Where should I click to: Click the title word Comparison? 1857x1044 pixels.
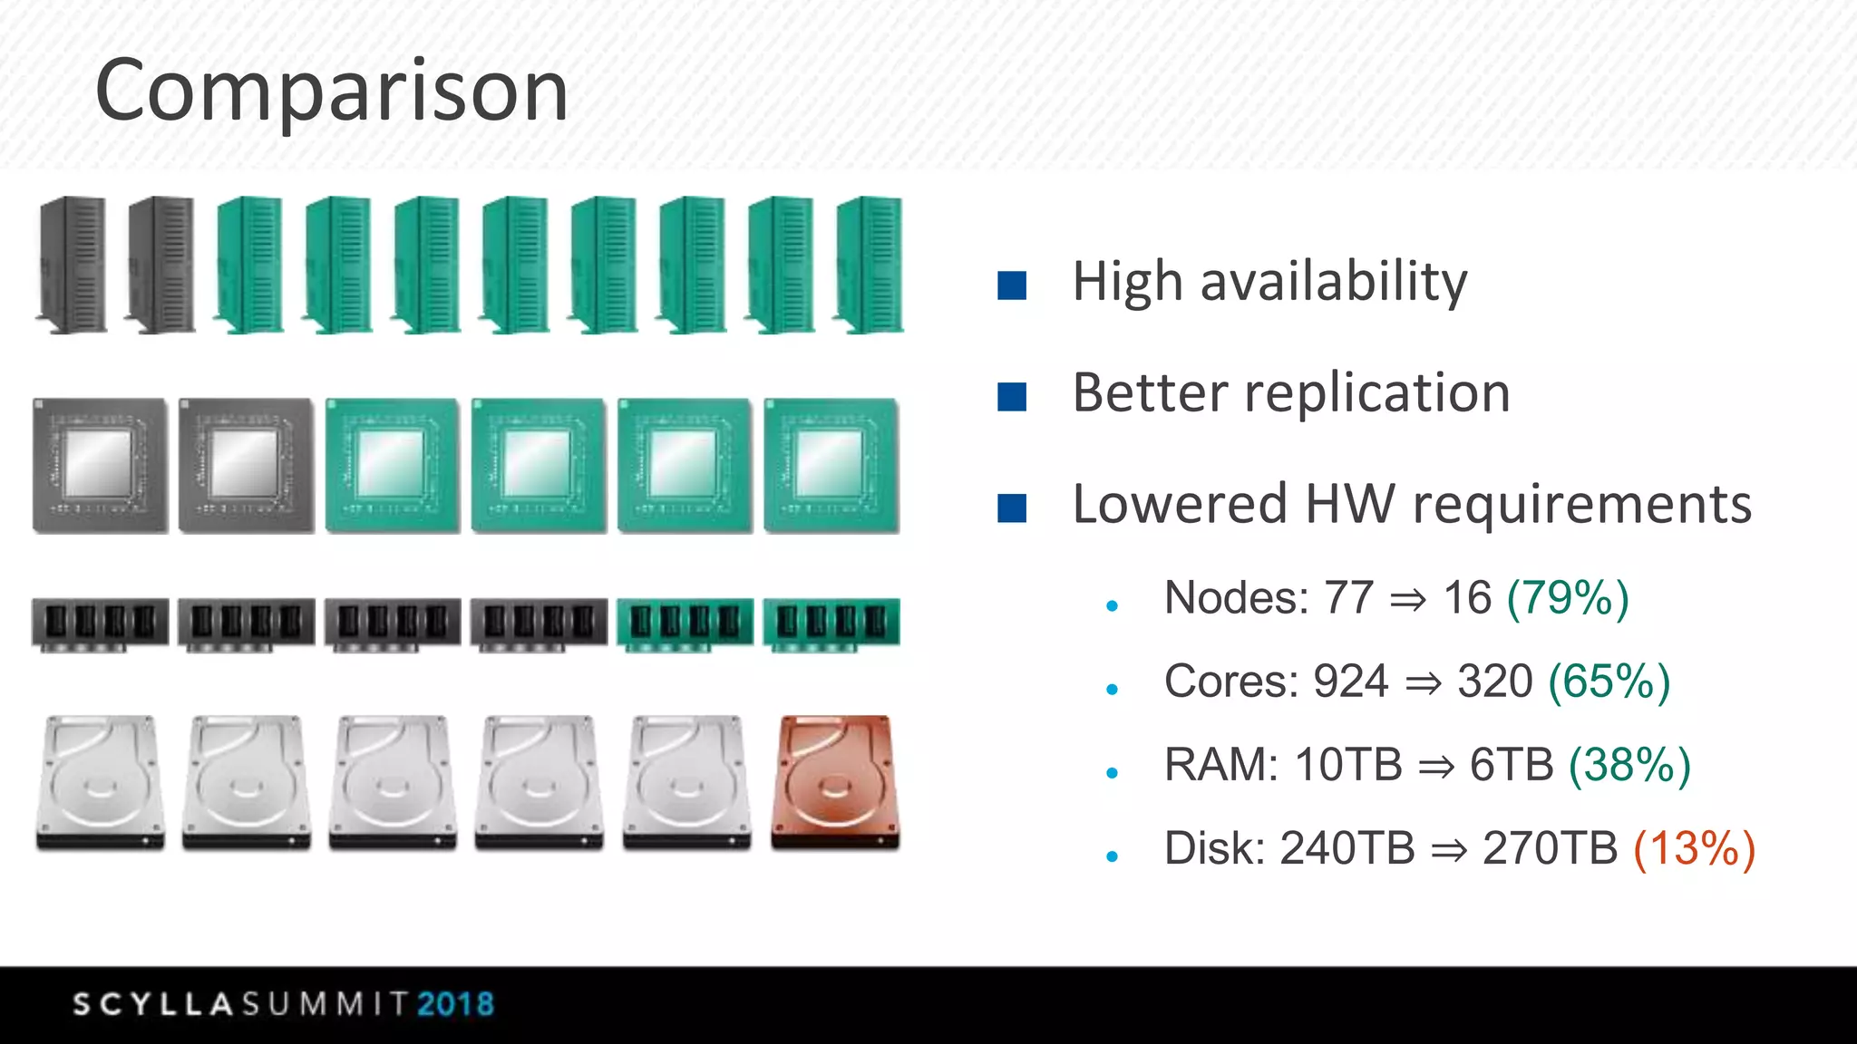click(332, 91)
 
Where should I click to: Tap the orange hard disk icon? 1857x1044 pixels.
click(835, 782)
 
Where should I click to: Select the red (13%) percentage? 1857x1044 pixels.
click(1694, 848)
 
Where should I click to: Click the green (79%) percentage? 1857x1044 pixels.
click(1568, 598)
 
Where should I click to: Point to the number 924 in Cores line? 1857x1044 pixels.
click(1351, 681)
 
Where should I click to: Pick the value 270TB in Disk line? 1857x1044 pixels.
click(1550, 848)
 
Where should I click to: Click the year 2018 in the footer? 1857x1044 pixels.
click(456, 1004)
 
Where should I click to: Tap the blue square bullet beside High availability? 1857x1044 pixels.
click(1011, 285)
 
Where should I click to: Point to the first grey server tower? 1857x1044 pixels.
click(72, 265)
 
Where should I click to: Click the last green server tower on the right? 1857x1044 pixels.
click(870, 265)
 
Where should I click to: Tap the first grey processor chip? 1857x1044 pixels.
click(100, 465)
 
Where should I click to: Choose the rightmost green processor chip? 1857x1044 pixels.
click(831, 465)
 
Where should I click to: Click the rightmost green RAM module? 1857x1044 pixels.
click(831, 623)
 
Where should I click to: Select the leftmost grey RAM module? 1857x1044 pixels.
click(100, 623)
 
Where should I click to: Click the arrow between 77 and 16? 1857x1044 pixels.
click(1408, 600)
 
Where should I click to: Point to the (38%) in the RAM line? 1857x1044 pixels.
click(1629, 765)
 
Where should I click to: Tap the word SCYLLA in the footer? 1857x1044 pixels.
click(154, 1004)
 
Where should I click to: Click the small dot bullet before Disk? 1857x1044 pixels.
click(1113, 855)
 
